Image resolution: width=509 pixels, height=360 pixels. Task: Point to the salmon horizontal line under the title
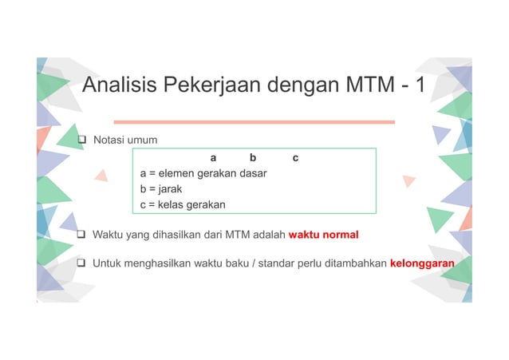click(x=254, y=122)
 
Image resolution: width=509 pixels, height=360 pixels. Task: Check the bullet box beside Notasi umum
click(x=81, y=141)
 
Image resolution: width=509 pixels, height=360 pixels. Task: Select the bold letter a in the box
click(x=213, y=158)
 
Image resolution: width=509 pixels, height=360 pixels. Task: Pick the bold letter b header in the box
click(x=253, y=158)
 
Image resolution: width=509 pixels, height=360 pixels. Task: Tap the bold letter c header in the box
click(x=295, y=158)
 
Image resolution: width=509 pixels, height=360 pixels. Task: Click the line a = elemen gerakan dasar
click(x=203, y=173)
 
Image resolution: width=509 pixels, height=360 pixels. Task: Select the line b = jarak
click(x=164, y=189)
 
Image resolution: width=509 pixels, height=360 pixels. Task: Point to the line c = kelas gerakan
click(x=183, y=205)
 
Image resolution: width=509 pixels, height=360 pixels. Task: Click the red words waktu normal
click(x=323, y=235)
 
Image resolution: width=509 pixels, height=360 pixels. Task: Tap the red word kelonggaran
click(x=422, y=263)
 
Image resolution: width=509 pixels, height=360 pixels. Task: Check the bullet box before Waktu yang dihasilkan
click(x=81, y=235)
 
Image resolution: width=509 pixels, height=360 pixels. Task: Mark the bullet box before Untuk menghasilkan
click(x=81, y=263)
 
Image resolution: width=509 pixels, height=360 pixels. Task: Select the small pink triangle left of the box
click(x=101, y=175)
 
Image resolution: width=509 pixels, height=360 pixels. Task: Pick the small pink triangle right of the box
click(x=409, y=181)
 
